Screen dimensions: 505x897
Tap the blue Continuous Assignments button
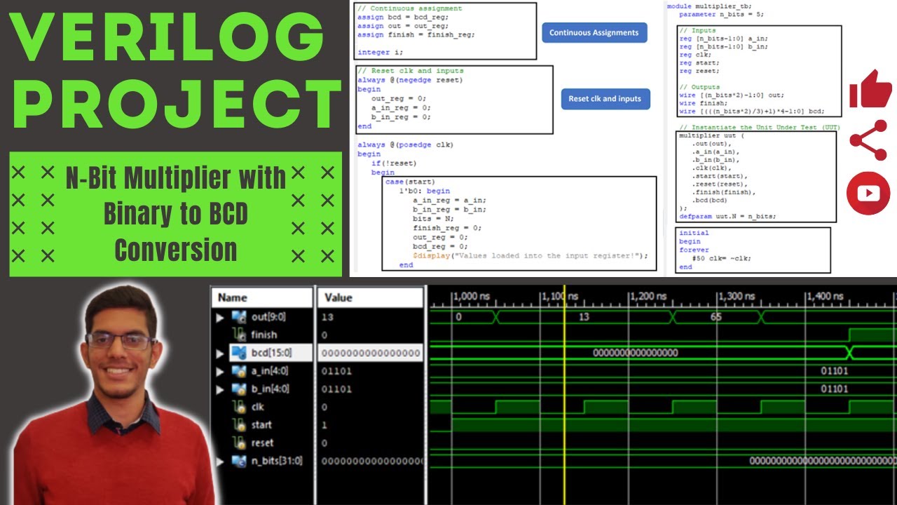pos(594,33)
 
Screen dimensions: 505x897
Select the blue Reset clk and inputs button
pos(605,99)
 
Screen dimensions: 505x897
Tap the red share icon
pos(868,140)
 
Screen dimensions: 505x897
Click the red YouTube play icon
pos(868,192)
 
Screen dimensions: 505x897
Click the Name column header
pos(233,297)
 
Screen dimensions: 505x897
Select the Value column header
pos(338,297)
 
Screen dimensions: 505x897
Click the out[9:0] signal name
pos(269,317)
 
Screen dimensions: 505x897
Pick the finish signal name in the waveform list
pos(263,335)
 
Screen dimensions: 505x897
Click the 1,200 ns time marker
pos(649,297)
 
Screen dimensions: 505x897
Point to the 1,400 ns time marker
pos(825,297)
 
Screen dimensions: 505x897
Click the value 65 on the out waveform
pos(715,317)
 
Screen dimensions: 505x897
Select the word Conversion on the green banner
pos(176,250)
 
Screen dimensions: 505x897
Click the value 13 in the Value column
pos(327,317)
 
